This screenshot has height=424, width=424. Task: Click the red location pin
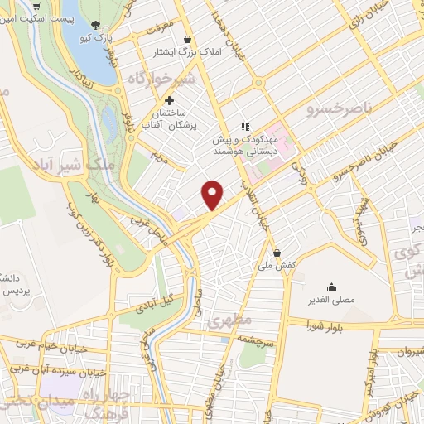[x=213, y=194]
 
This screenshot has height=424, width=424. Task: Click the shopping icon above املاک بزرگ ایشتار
[x=189, y=39]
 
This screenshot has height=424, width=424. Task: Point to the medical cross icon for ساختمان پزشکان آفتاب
[x=170, y=100]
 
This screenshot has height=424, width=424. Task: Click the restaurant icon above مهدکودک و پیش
[x=245, y=127]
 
